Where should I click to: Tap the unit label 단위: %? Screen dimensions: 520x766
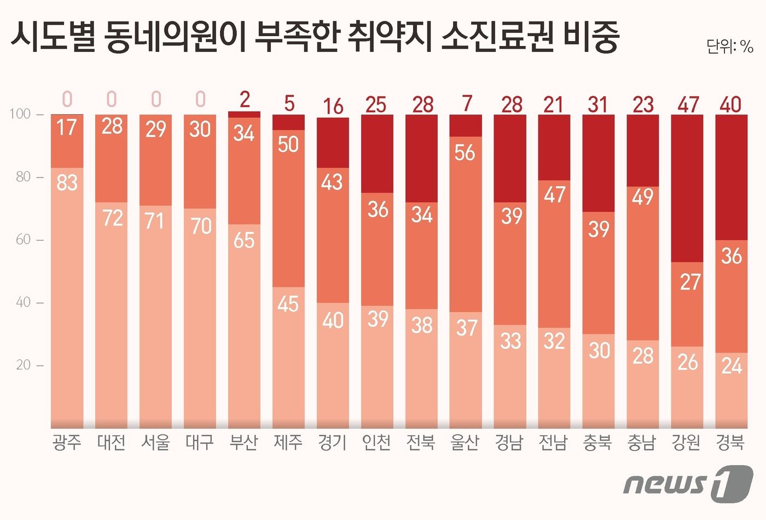[729, 47]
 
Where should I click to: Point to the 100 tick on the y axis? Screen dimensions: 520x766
[20, 114]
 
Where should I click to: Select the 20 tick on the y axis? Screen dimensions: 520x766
[24, 365]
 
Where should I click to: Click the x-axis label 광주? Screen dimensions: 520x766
[67, 442]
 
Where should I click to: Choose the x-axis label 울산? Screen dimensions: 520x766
[465, 442]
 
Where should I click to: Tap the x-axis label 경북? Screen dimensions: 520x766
[730, 442]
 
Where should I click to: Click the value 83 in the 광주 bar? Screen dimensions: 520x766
[67, 182]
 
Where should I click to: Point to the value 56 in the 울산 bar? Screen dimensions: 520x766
[465, 152]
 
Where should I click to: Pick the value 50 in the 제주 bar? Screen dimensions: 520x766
[288, 144]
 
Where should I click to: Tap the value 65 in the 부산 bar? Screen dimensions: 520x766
[244, 240]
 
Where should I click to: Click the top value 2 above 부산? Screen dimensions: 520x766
[245, 100]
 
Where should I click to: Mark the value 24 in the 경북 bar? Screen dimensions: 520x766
[732, 365]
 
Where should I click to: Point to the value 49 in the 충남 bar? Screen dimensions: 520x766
[643, 196]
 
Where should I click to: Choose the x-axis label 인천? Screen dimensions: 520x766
[376, 442]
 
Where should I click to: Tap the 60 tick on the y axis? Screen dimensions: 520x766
[24, 240]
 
